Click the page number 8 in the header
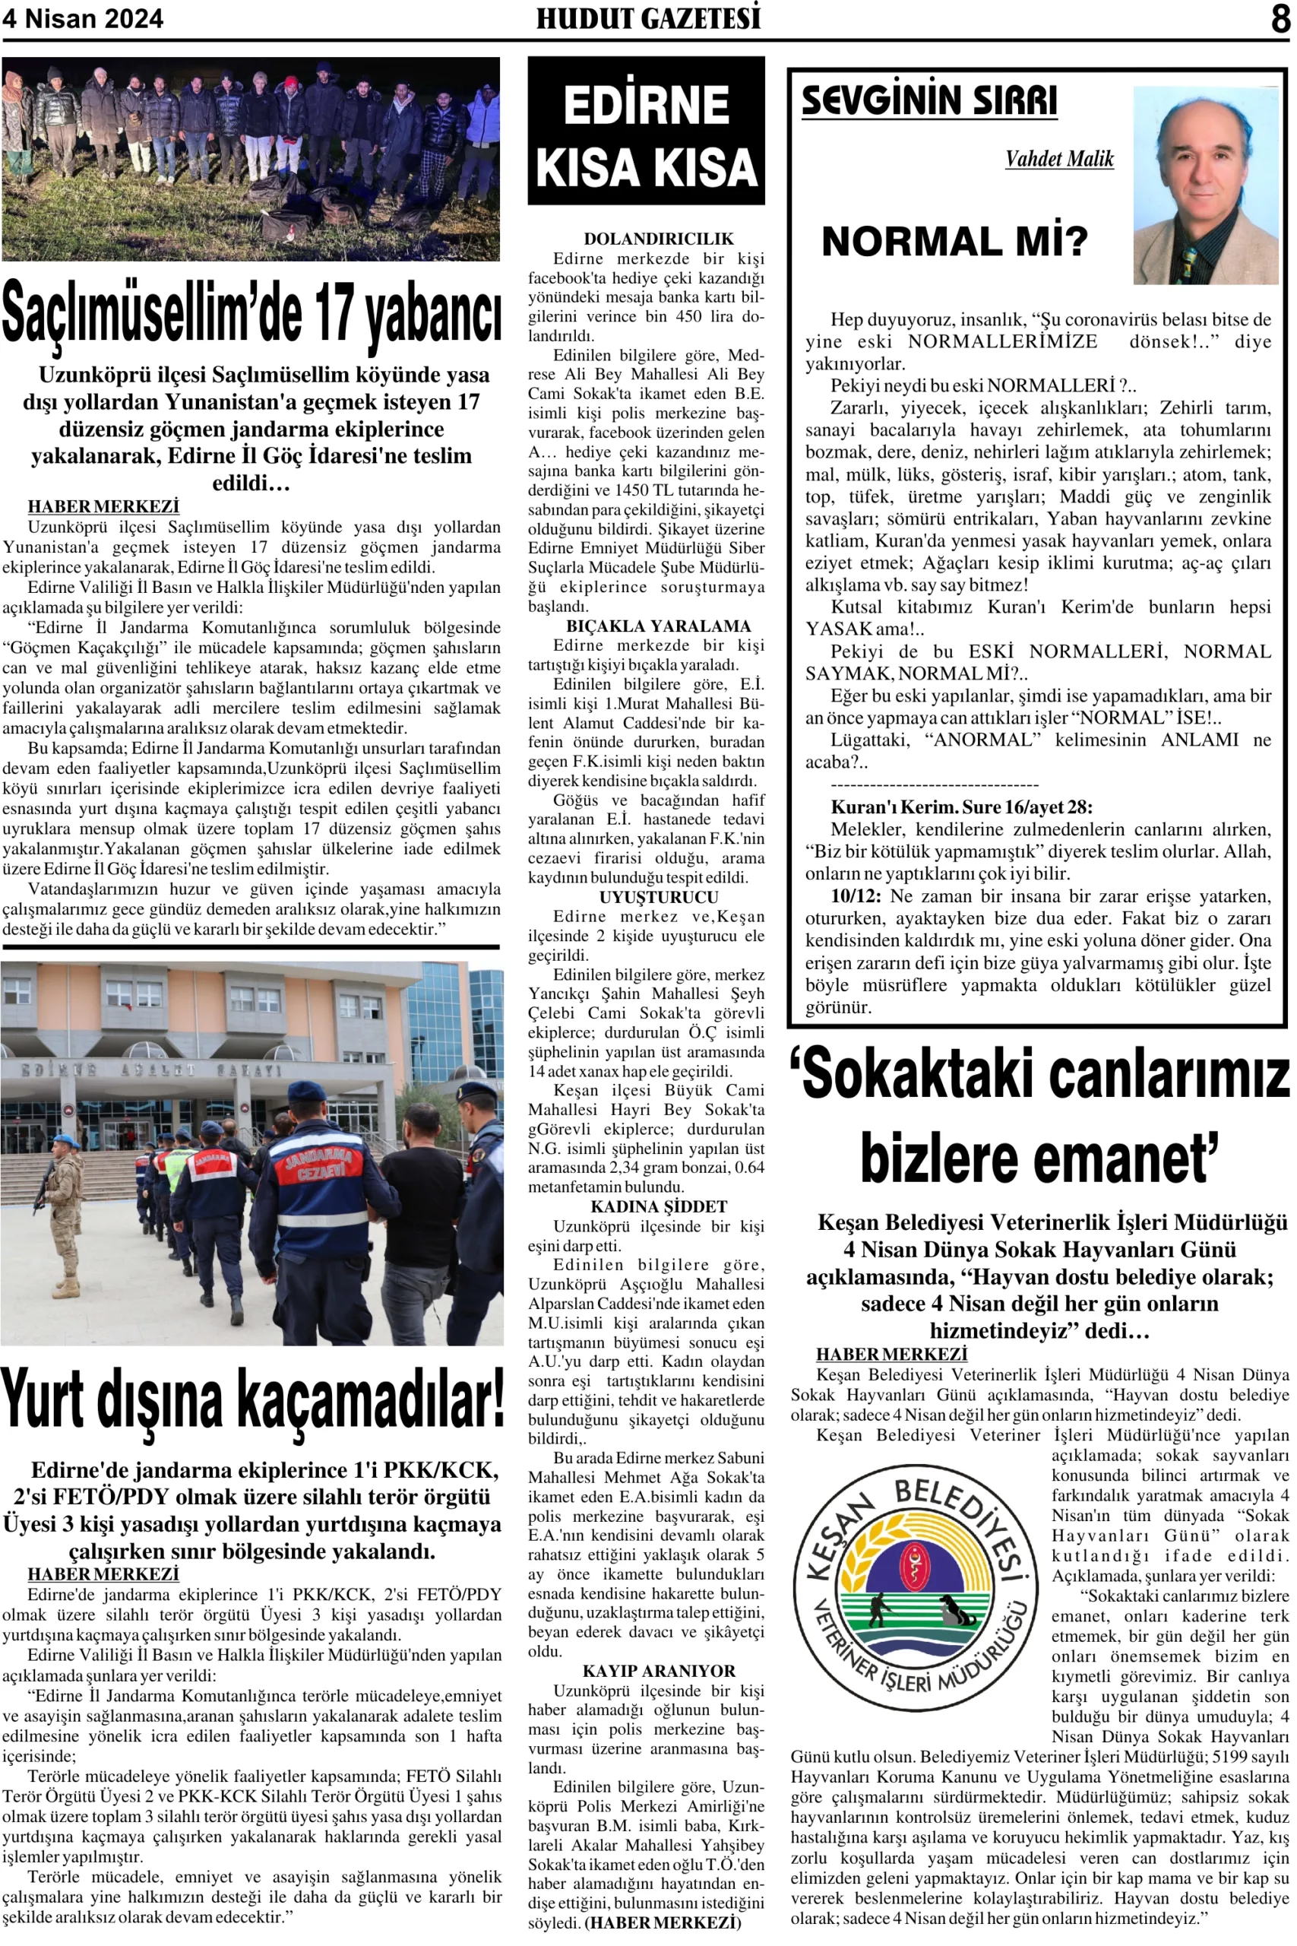click(x=1280, y=18)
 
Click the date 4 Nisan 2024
click(x=83, y=19)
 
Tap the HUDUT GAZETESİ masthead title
click(x=647, y=18)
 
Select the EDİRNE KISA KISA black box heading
click(x=646, y=131)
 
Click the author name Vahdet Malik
click(x=1058, y=159)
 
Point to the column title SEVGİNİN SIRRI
click(x=929, y=101)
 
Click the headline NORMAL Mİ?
click(x=954, y=242)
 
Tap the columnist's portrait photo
click(x=1205, y=185)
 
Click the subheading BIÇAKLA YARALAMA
click(x=659, y=626)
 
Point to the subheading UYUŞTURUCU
click(x=659, y=897)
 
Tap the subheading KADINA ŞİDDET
click(x=659, y=1206)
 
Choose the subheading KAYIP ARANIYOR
click(x=659, y=1671)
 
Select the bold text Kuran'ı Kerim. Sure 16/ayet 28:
click(x=961, y=807)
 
